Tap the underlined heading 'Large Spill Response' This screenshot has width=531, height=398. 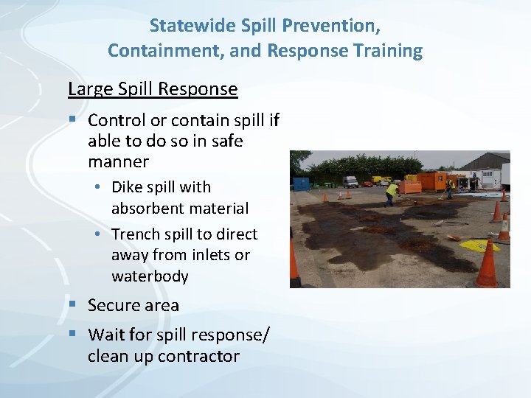(153, 89)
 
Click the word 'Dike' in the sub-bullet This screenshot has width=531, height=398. (127, 187)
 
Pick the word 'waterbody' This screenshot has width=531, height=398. (150, 276)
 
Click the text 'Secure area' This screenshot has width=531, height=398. (133, 305)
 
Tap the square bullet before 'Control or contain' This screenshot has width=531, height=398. (72, 119)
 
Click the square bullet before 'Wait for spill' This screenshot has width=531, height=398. (72, 335)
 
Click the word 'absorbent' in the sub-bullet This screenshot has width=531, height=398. (147, 209)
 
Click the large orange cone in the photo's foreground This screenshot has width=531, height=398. (487, 265)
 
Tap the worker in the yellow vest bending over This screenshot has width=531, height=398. (392, 192)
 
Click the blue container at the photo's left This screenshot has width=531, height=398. (301, 183)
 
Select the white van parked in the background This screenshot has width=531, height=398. (350, 181)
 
